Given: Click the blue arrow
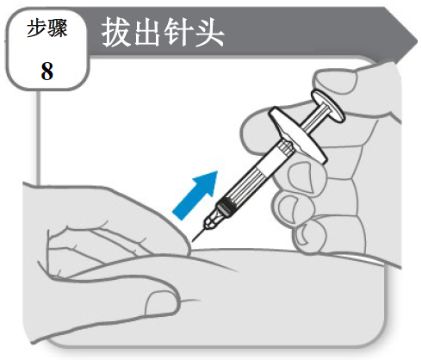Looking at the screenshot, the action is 196,194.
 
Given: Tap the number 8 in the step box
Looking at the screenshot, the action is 47,71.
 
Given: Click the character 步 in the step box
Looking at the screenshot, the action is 36,28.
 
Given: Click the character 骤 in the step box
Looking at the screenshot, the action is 58,28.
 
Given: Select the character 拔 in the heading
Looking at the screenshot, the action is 115,32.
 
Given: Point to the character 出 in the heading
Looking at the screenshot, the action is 147,32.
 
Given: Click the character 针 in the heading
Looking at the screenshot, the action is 178,32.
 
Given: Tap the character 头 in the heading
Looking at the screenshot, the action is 209,32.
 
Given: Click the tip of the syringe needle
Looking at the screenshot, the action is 193,241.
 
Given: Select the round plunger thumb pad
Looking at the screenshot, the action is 328,106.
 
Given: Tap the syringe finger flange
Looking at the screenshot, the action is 298,135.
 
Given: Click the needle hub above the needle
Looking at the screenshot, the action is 213,220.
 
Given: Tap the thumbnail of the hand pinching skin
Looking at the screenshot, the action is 159,304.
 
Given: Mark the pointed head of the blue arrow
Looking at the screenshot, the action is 217,172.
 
